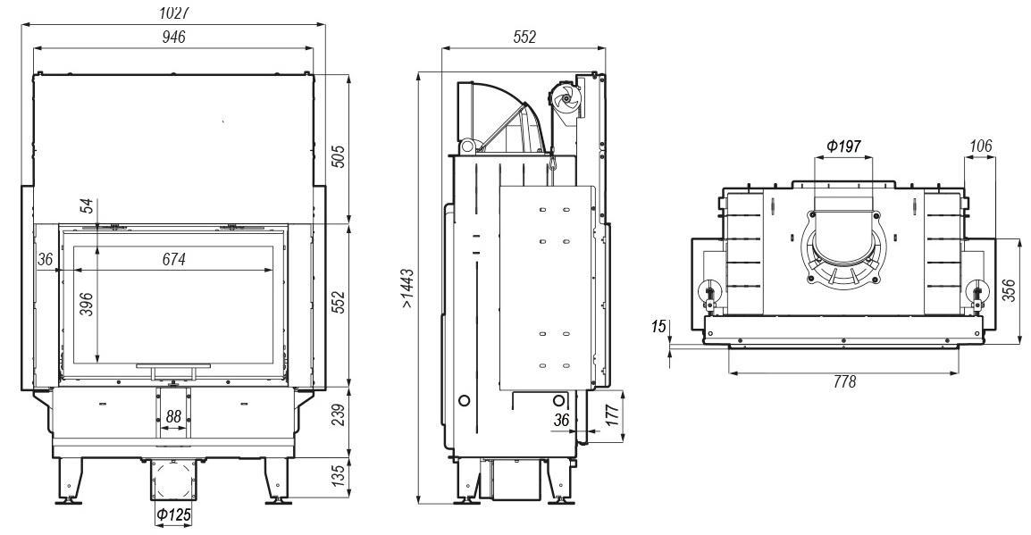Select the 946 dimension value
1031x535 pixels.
[174, 37]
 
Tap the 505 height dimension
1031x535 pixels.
[338, 155]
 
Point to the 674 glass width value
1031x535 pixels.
[174, 260]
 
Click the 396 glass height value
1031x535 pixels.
[87, 304]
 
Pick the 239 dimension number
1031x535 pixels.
[338, 415]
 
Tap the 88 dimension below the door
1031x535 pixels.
[173, 416]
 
